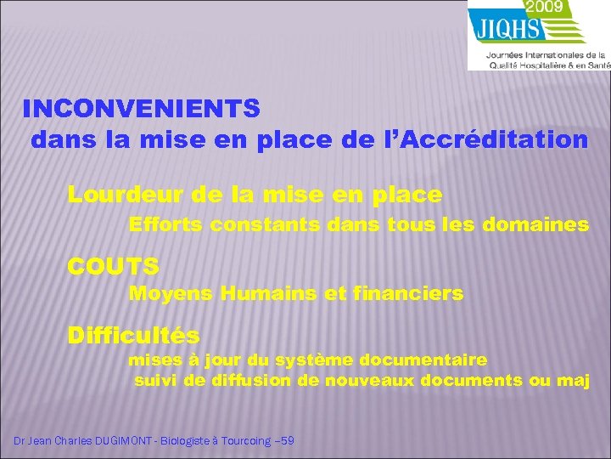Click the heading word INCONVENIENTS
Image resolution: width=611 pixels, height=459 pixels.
coord(141,109)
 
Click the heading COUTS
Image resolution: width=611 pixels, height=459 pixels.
coord(114,266)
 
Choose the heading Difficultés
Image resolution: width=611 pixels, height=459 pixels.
coord(134,335)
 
